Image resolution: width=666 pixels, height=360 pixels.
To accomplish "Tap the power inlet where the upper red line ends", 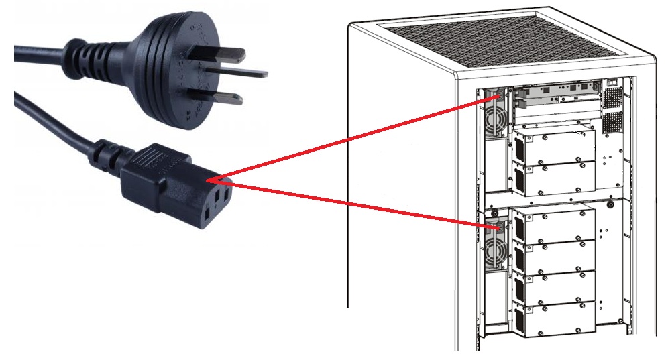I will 497,96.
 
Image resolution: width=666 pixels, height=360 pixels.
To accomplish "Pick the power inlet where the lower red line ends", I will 498,227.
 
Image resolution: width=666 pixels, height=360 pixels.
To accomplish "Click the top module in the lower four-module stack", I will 554,225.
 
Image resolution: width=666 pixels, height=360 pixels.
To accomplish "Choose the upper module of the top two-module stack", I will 554,144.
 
